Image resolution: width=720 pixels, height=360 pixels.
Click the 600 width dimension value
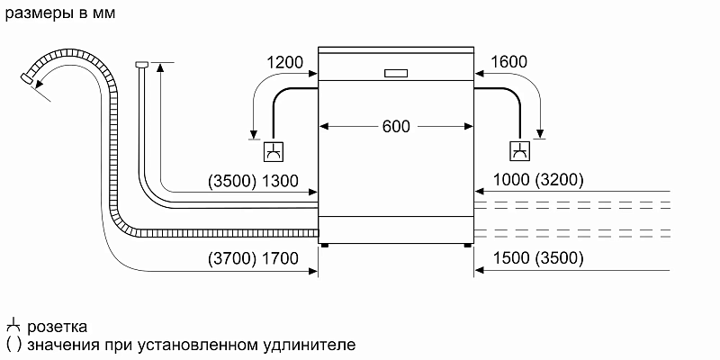point(396,127)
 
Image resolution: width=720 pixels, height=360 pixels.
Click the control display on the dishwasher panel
point(396,73)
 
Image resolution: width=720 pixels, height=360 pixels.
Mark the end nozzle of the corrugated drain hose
point(28,81)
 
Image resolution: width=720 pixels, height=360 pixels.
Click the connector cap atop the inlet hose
point(141,64)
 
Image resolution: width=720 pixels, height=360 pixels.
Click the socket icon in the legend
point(13,325)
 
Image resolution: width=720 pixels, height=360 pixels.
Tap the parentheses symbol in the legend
point(13,344)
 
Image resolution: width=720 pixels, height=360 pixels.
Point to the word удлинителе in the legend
point(307,344)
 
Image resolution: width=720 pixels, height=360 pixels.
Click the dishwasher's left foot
point(325,243)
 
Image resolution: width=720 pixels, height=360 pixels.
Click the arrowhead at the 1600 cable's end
point(541,135)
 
